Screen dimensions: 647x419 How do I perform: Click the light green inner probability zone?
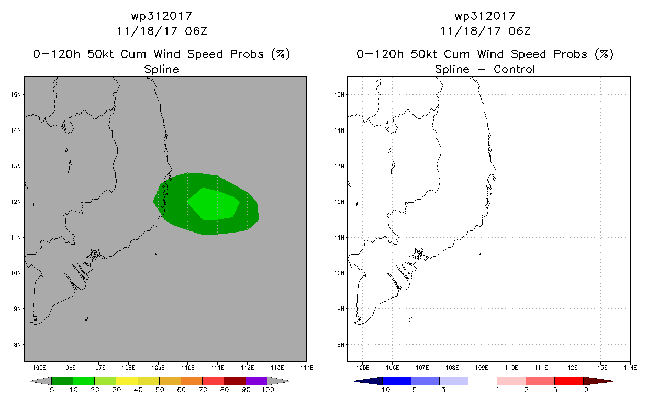[214, 204]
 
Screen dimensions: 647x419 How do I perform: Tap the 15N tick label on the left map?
[16, 94]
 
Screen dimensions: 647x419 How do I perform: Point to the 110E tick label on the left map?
[188, 368]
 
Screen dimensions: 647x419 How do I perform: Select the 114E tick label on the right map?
[630, 368]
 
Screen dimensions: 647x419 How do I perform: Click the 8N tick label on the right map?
[341, 345]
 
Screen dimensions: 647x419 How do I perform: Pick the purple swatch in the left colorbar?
[256, 381]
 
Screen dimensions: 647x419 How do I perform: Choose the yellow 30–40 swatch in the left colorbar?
[127, 381]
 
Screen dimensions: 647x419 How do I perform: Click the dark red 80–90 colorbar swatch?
[235, 381]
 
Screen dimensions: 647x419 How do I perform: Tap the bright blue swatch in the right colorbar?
[397, 381]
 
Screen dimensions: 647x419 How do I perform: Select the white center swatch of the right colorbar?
[483, 381]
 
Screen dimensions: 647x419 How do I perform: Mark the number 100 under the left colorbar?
[267, 390]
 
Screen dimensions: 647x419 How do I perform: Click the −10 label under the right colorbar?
[383, 390]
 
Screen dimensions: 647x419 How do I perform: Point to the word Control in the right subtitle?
[515, 69]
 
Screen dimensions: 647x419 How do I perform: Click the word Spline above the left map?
[161, 70]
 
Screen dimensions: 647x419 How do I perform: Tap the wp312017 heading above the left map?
[162, 16]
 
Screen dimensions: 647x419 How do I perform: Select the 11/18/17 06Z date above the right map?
[485, 31]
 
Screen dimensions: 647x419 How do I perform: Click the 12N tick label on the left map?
[16, 202]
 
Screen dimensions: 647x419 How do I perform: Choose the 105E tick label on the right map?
[362, 368]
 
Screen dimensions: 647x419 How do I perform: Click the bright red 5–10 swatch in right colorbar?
[568, 381]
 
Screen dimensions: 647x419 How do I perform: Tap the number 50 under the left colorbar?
[160, 390]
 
